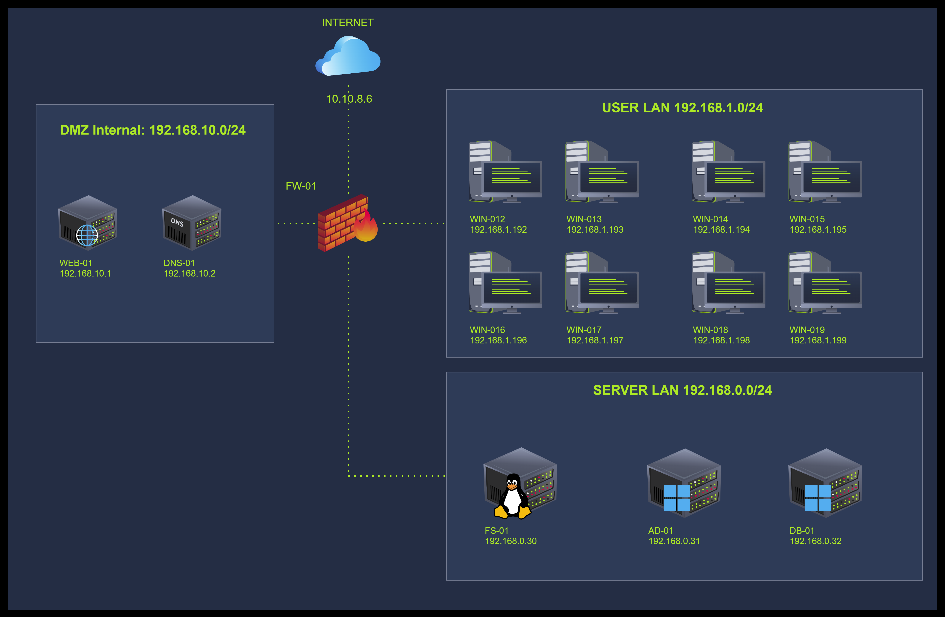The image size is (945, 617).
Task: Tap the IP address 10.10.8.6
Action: pos(349,99)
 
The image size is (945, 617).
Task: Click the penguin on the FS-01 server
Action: pos(512,496)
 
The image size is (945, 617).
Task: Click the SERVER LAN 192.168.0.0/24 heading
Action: pos(682,390)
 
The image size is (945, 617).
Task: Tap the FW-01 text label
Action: pos(301,186)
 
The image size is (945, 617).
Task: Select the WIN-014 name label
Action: pos(710,219)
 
